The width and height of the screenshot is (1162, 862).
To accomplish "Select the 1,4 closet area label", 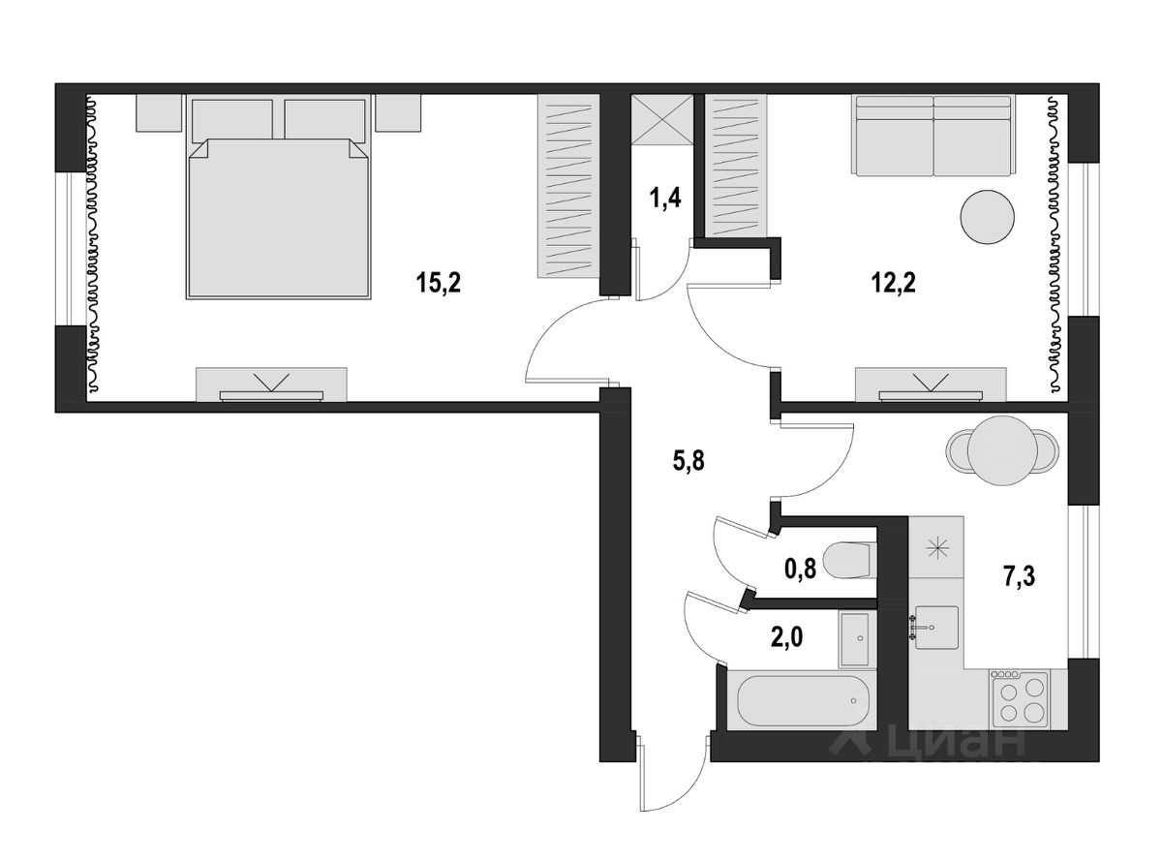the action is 665,199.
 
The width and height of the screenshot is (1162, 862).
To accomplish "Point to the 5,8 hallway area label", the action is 688,461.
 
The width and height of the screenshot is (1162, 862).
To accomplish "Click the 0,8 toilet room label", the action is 800,569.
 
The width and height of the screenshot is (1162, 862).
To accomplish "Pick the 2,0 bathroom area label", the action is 787,637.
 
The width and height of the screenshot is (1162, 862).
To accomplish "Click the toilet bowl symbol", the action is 849,560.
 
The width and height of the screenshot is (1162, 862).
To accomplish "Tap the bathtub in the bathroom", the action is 803,700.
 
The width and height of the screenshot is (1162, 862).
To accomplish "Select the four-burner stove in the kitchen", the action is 1020,699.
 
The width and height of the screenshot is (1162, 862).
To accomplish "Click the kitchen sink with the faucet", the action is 935,628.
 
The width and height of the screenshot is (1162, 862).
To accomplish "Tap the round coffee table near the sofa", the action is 987,216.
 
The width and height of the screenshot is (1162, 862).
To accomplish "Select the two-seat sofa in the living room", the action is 933,136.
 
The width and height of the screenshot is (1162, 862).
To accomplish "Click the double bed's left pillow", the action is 232,120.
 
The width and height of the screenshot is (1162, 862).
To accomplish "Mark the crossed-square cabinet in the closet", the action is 662,118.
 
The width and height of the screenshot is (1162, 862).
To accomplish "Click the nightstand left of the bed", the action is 159,112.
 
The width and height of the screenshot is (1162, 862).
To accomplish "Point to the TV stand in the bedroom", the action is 271,385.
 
